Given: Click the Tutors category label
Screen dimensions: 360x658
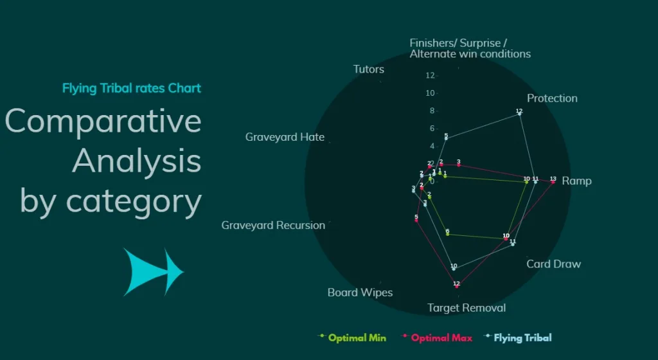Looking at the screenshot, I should pos(368,69).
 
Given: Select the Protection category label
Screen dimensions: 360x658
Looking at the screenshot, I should pos(552,98).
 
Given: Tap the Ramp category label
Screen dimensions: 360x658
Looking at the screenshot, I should pos(576,181).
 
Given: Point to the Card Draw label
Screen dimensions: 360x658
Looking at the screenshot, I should pos(553,264).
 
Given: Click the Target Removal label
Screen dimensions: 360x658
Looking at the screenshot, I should pos(467,308).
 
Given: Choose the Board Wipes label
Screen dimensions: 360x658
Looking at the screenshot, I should pos(360,292).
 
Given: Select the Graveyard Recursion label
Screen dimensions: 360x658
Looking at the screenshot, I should pos(273,226).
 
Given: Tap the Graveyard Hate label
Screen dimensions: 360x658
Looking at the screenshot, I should pos(285,137).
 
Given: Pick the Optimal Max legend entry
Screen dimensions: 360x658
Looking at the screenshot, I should pos(441,337).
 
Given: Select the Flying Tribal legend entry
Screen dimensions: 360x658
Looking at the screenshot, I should pos(522,337).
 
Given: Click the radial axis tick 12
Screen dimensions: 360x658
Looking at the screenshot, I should pos(430,76).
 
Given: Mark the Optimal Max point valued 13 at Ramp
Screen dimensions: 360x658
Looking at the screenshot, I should pos(553,183).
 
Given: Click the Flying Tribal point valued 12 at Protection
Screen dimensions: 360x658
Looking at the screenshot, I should pos(519,114).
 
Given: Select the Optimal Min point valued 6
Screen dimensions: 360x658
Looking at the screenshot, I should pos(447,234).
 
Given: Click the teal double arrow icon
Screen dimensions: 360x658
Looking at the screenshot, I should pos(154,272).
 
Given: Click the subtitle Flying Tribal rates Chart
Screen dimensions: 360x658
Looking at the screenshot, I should pos(131,88).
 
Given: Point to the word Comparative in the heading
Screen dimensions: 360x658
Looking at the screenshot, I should pos(103,121).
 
